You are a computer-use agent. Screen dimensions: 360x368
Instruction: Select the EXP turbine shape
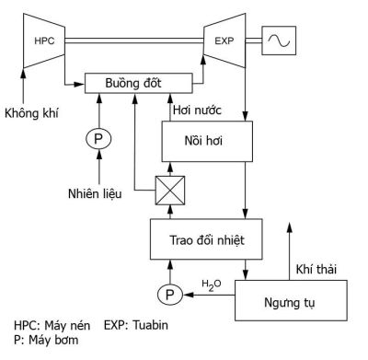click(x=224, y=41)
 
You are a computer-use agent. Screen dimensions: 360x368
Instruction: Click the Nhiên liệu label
click(x=95, y=192)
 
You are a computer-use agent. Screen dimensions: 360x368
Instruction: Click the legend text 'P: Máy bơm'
click(x=45, y=341)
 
